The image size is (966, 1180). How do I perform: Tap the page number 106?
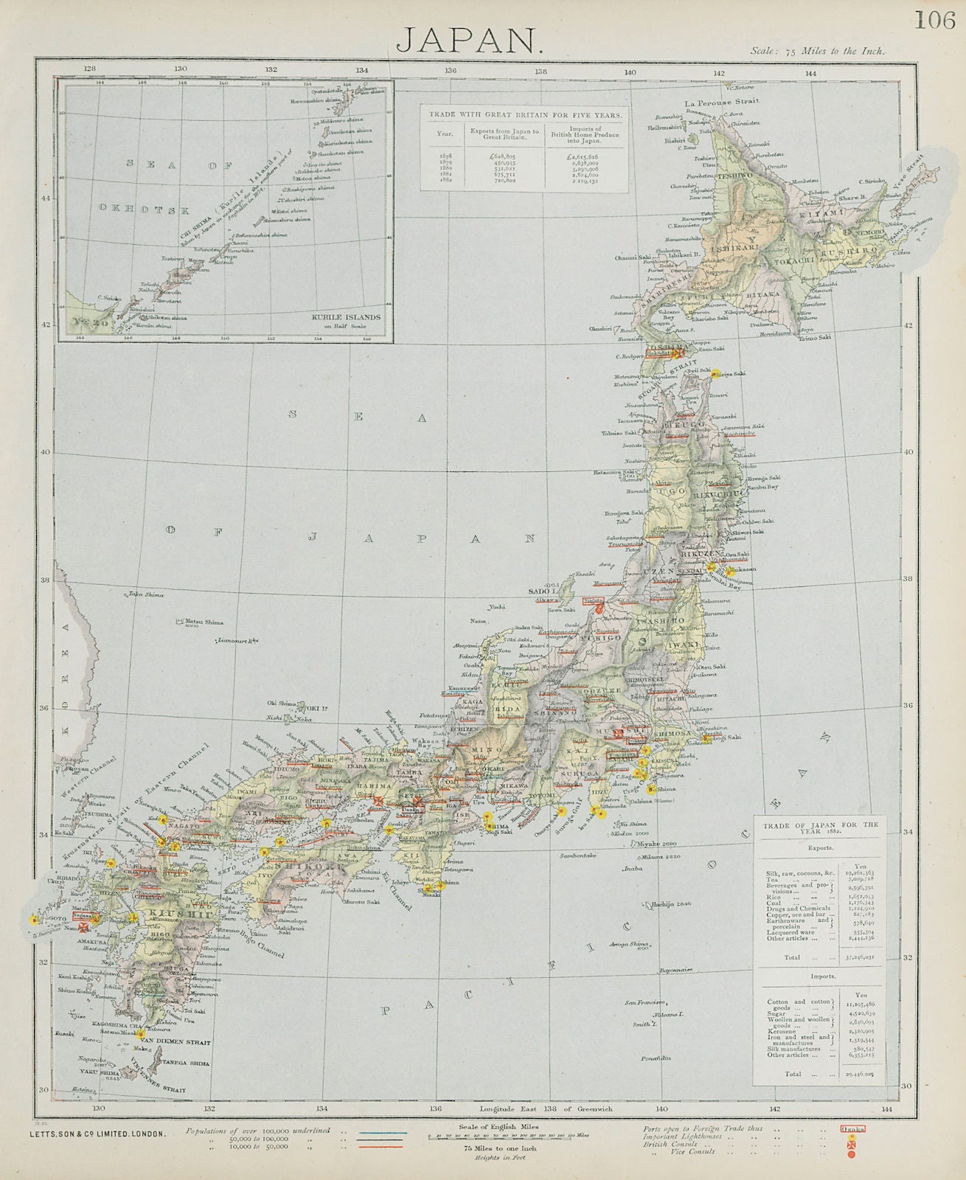pos(934,20)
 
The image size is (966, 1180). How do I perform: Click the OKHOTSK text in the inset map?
pos(145,209)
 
